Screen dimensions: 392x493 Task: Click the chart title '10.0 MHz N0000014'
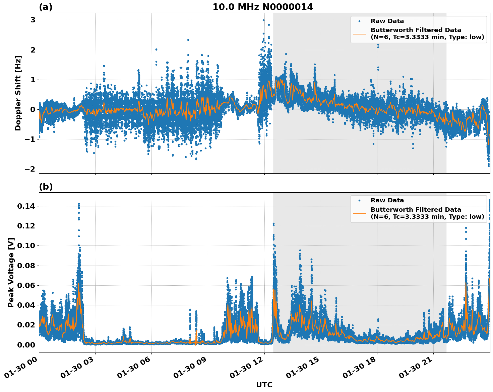(263, 7)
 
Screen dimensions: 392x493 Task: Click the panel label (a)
(46, 7)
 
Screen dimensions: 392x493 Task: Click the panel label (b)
(46, 187)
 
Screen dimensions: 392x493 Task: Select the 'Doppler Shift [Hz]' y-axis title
(18, 93)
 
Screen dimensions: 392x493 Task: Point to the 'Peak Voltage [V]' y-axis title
(11, 272)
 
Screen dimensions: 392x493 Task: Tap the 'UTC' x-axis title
(264, 385)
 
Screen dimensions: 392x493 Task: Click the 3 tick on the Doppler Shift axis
(33, 20)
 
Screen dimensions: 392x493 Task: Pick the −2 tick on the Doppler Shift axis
(30, 169)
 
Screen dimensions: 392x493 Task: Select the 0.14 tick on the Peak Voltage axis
(26, 206)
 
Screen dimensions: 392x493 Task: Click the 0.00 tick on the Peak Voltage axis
(26, 345)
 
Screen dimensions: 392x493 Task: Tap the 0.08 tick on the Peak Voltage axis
(26, 266)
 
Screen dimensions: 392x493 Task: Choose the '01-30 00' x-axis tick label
(21, 370)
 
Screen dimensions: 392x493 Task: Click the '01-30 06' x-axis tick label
(133, 370)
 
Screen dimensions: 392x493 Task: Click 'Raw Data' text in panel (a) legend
(387, 21)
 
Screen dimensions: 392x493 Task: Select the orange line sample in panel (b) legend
(359, 213)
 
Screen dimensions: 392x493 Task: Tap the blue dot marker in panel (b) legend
(359, 200)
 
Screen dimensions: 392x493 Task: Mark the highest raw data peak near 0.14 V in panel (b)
(79, 204)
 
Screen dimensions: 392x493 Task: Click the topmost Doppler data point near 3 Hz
(263, 20)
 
